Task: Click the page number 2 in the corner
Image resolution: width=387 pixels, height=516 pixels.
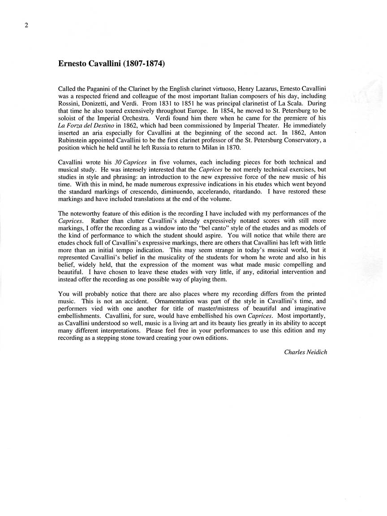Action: click(x=26, y=25)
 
